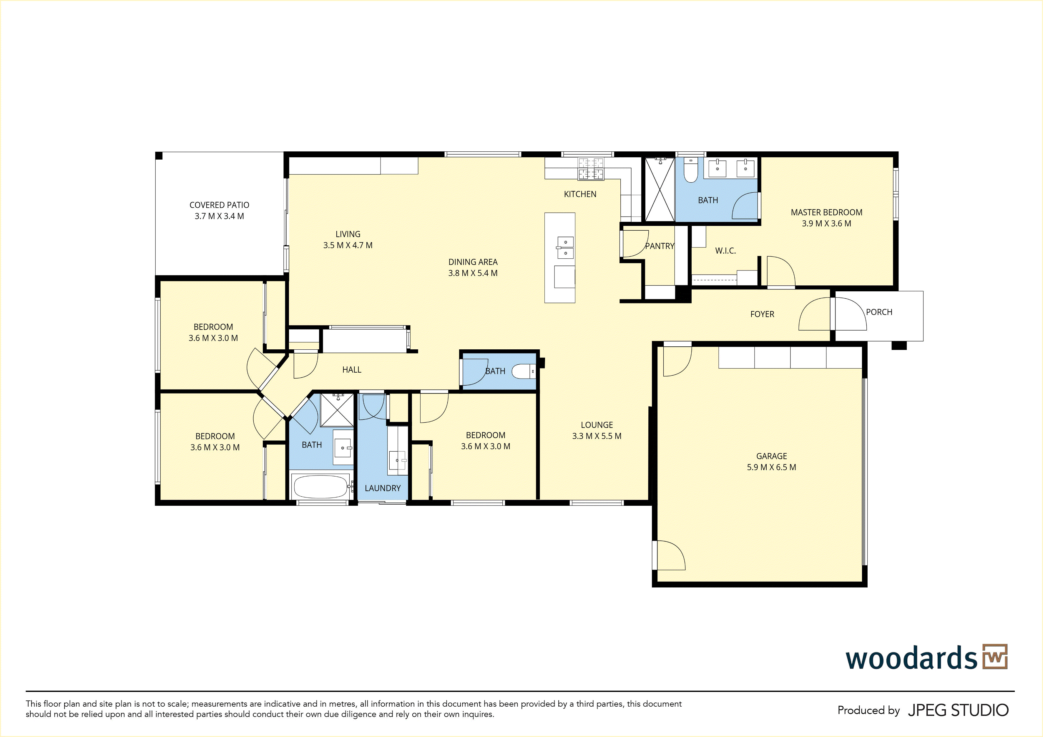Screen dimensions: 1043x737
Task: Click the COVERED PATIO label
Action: pos(220,205)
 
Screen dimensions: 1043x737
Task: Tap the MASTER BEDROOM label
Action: pos(826,212)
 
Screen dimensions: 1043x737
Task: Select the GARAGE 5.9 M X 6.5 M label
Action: pos(771,462)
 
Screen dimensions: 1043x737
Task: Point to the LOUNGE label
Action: pos(597,425)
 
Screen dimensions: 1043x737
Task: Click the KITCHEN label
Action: pos(580,194)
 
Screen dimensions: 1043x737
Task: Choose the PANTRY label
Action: pos(660,246)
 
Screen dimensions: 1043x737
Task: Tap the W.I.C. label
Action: pos(725,250)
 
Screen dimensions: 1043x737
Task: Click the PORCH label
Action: pos(879,312)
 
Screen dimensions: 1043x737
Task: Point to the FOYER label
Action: pos(762,314)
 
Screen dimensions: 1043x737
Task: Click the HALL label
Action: pos(352,370)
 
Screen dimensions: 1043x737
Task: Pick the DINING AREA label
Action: pos(473,262)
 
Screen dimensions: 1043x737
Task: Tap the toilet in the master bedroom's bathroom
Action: pos(690,170)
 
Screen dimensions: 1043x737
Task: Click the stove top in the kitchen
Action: pos(591,169)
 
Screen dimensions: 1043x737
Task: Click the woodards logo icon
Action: pos(995,657)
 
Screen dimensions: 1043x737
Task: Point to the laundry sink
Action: pos(398,461)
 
